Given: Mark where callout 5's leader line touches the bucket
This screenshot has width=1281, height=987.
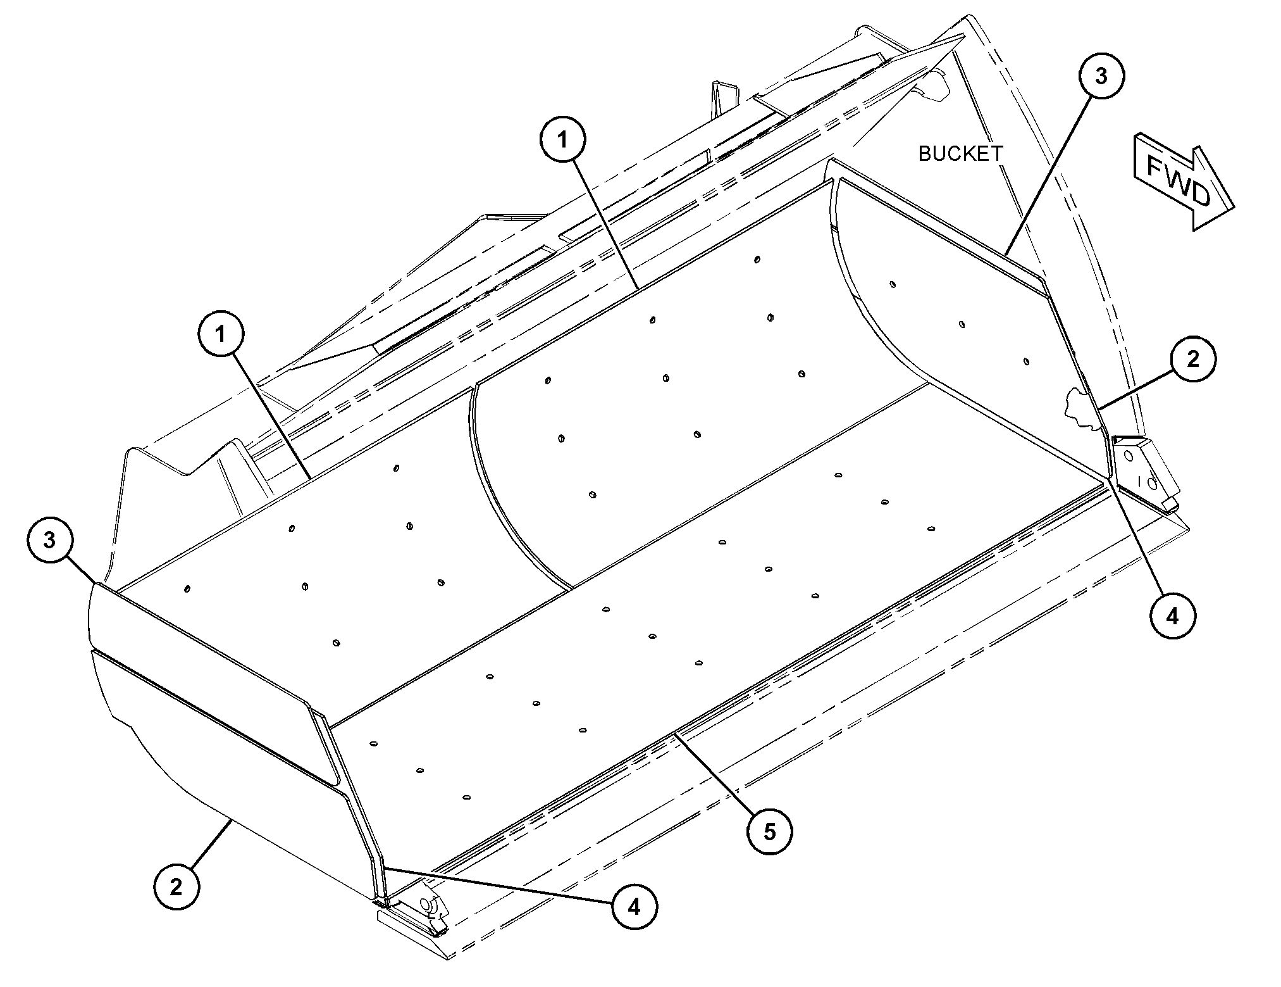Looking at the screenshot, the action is [x=675, y=732].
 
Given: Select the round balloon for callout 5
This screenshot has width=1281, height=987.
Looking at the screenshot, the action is [x=769, y=831].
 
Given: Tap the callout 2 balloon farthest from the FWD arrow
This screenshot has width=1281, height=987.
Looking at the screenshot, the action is [x=176, y=886].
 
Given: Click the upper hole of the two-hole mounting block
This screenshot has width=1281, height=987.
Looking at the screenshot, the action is [x=1129, y=455].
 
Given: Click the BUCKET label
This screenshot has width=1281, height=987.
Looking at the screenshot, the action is [x=960, y=153].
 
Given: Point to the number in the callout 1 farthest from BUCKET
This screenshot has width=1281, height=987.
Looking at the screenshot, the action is [x=221, y=334].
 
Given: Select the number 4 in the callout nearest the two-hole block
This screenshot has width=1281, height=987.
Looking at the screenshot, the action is [x=1172, y=615].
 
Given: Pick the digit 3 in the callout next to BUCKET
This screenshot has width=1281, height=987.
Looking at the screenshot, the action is [x=1101, y=76].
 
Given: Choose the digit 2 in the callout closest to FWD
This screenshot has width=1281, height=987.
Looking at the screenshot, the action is [x=1192, y=359].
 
